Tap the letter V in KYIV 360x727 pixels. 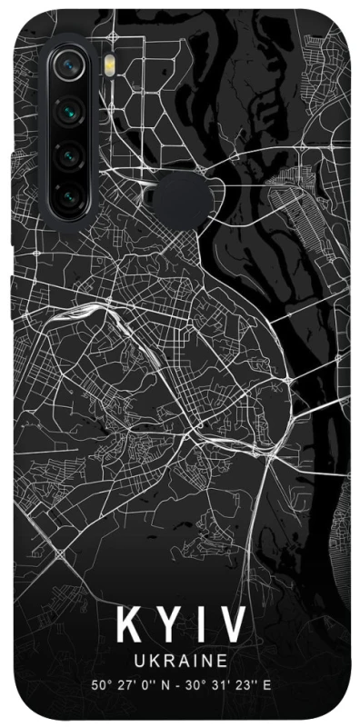point(233,625)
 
